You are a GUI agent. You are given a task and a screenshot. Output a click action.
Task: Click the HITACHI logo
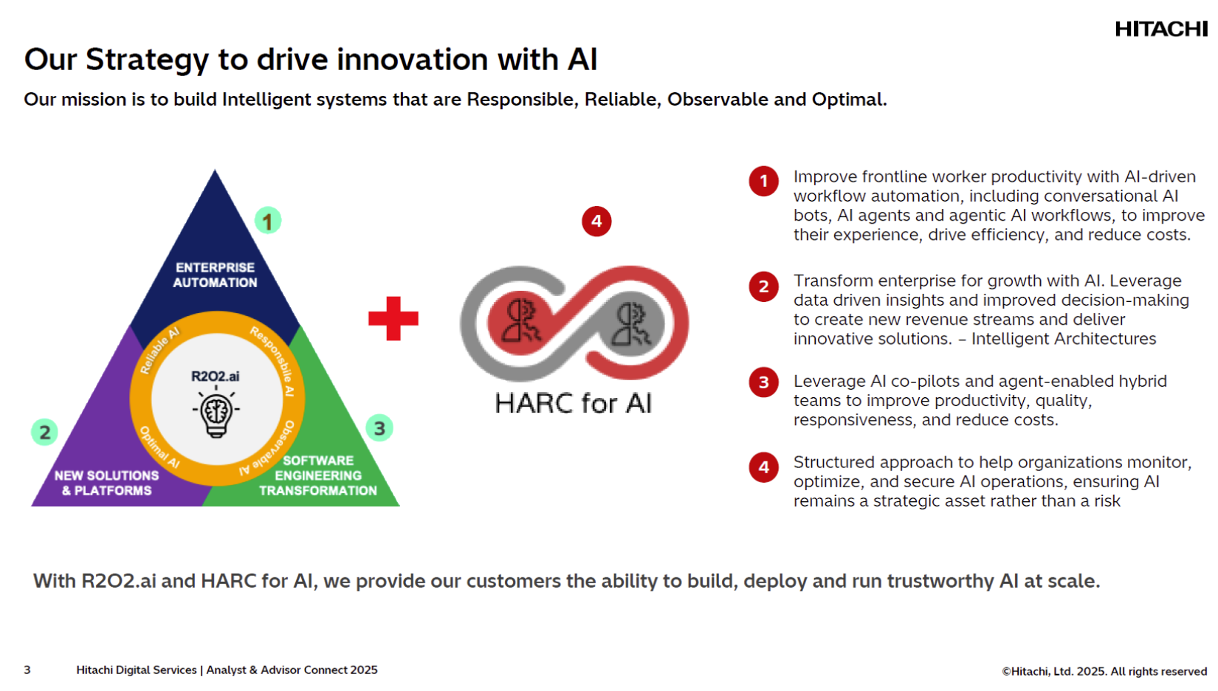1160,29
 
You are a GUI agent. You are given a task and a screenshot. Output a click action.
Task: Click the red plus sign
393,318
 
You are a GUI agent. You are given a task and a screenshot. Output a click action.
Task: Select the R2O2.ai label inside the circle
216,377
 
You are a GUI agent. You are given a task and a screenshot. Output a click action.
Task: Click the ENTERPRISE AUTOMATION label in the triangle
215,275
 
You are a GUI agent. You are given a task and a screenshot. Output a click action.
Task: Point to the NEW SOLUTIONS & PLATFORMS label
107,483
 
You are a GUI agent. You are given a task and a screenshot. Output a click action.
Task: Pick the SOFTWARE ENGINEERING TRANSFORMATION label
318,475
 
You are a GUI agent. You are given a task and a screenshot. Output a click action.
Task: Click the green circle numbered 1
267,220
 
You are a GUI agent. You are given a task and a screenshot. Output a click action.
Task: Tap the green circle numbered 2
44,432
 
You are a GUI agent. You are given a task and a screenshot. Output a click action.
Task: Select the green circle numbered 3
379,428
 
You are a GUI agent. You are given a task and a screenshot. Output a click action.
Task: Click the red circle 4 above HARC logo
596,221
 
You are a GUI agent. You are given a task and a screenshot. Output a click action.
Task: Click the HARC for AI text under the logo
574,403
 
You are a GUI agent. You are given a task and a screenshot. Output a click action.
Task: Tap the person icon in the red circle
522,322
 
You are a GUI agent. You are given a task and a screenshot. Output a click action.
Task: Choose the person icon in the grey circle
632,324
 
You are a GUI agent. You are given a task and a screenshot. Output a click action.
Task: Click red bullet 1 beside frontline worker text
763,181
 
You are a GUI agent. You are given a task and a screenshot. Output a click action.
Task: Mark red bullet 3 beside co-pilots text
763,382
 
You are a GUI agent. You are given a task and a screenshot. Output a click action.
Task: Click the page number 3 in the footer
27,670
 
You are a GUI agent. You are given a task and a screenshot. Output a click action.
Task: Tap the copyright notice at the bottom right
1104,671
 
